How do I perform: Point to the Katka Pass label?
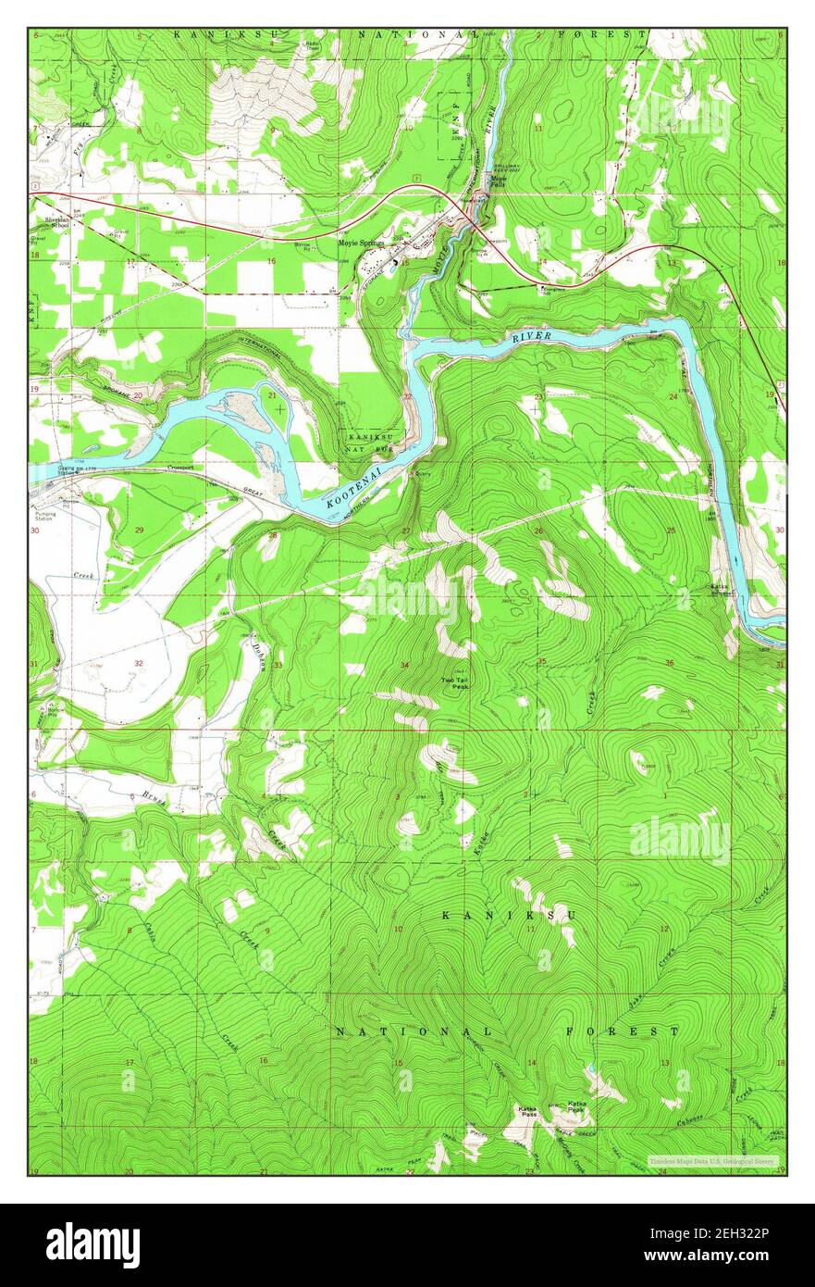click(527, 1108)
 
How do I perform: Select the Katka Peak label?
click(577, 1107)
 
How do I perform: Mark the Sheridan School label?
click(57, 222)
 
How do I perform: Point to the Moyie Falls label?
click(500, 181)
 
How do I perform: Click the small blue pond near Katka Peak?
click(589, 1070)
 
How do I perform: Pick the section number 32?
click(138, 663)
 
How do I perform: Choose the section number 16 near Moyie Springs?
click(271, 262)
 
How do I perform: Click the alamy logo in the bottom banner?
click(93, 1244)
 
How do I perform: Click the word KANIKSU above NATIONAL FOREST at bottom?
click(509, 916)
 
